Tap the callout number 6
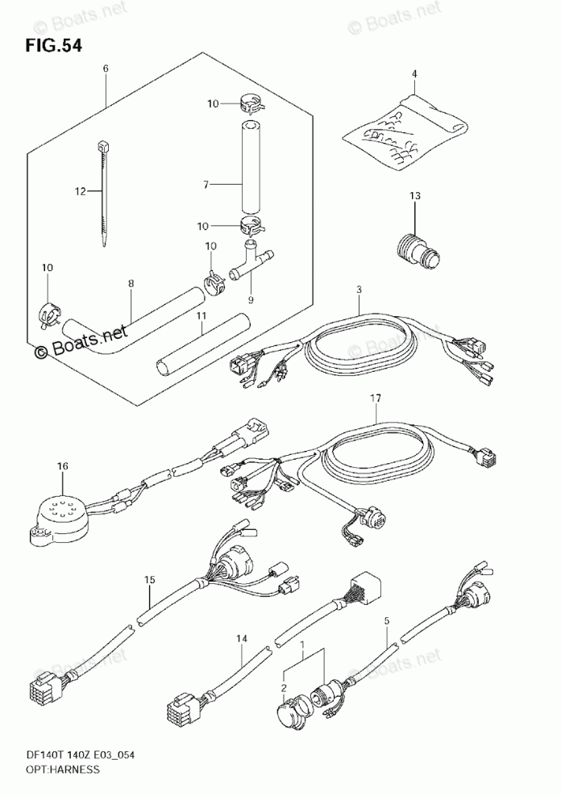point(106,69)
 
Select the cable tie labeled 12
point(103,194)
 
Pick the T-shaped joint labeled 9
point(251,261)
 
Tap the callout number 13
point(415,196)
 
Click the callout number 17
point(375,398)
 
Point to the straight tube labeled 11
point(204,343)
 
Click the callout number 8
point(131,284)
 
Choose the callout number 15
point(149,580)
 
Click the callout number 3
point(359,290)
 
